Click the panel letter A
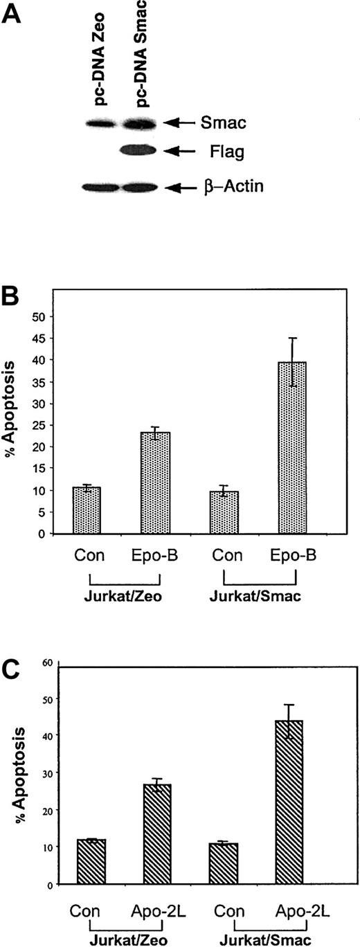[x=16, y=15]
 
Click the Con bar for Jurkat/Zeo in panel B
[x=87, y=510]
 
